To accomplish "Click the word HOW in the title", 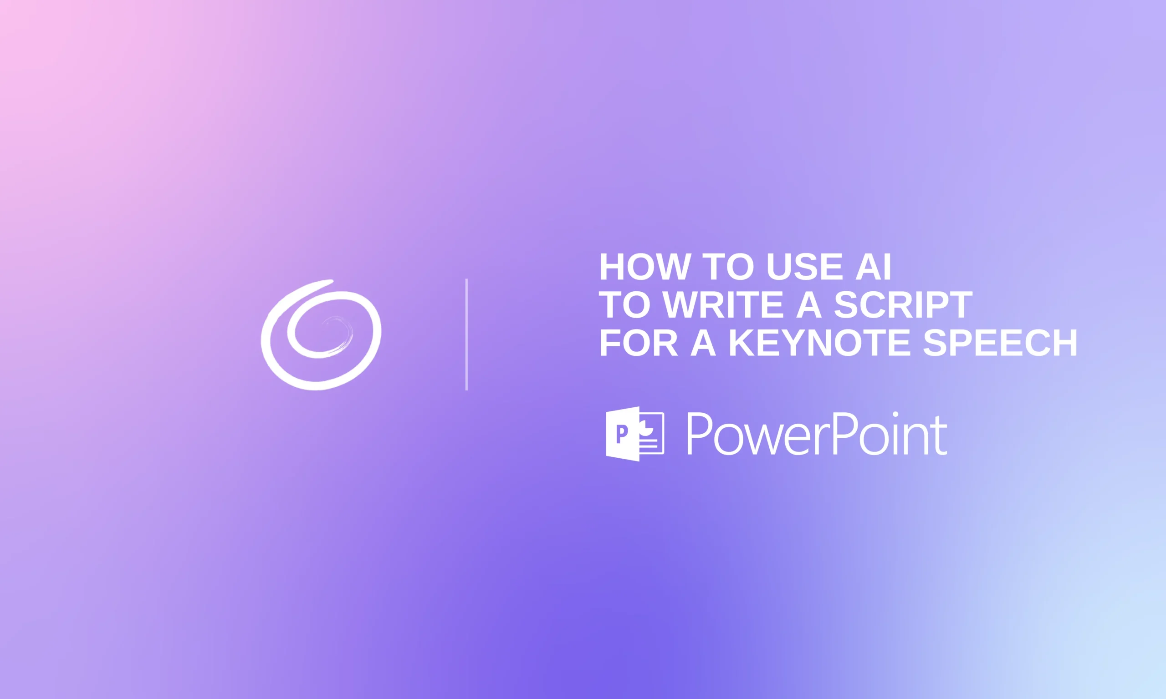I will tap(645, 267).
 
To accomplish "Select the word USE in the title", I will tap(804, 267).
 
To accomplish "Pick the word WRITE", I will tap(723, 305).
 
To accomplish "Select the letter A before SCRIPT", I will tap(809, 305).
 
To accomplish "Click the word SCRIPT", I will tap(903, 305).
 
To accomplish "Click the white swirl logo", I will tap(321, 335).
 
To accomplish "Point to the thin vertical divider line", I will tap(466, 334).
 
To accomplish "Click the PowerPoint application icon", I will tap(634, 434).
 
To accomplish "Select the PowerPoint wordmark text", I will tap(817, 434).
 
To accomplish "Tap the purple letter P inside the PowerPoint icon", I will tap(622, 434).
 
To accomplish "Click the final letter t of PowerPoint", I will tap(941, 436).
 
